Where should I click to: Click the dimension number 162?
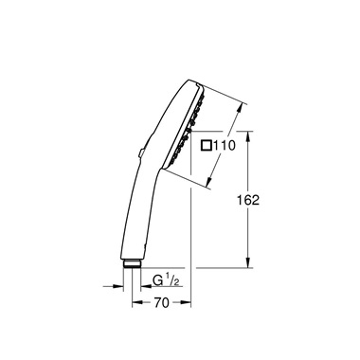pos(272,200)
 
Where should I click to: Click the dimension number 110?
pos(224,147)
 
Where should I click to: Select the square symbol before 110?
pos(206,147)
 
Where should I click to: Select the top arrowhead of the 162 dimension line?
pos(248,135)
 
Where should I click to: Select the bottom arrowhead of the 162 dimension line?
pos(248,266)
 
